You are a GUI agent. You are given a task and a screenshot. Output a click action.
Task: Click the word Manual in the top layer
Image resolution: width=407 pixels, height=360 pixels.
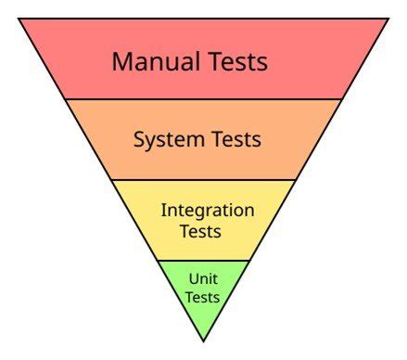pyautogui.click(x=153, y=62)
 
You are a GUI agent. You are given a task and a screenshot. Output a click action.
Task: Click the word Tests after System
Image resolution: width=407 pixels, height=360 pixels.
pyautogui.click(x=234, y=140)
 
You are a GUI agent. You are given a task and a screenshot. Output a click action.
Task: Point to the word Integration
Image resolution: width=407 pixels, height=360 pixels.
pyautogui.click(x=208, y=211)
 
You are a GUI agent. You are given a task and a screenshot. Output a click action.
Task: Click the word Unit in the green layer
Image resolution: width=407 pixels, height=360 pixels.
pyautogui.click(x=203, y=277)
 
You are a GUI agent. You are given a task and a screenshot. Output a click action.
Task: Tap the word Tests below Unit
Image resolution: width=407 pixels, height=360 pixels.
pyautogui.click(x=203, y=297)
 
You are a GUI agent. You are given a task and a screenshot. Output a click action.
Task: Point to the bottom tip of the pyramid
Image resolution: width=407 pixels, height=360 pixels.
pyautogui.click(x=203, y=340)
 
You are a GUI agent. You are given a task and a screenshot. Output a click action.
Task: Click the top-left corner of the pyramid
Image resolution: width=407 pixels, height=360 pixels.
pyautogui.click(x=19, y=19)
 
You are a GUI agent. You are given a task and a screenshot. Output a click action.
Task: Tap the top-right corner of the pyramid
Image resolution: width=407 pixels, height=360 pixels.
pyautogui.click(x=388, y=19)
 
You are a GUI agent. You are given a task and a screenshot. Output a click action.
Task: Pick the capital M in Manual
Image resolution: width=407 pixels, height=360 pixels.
pyautogui.click(x=121, y=62)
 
